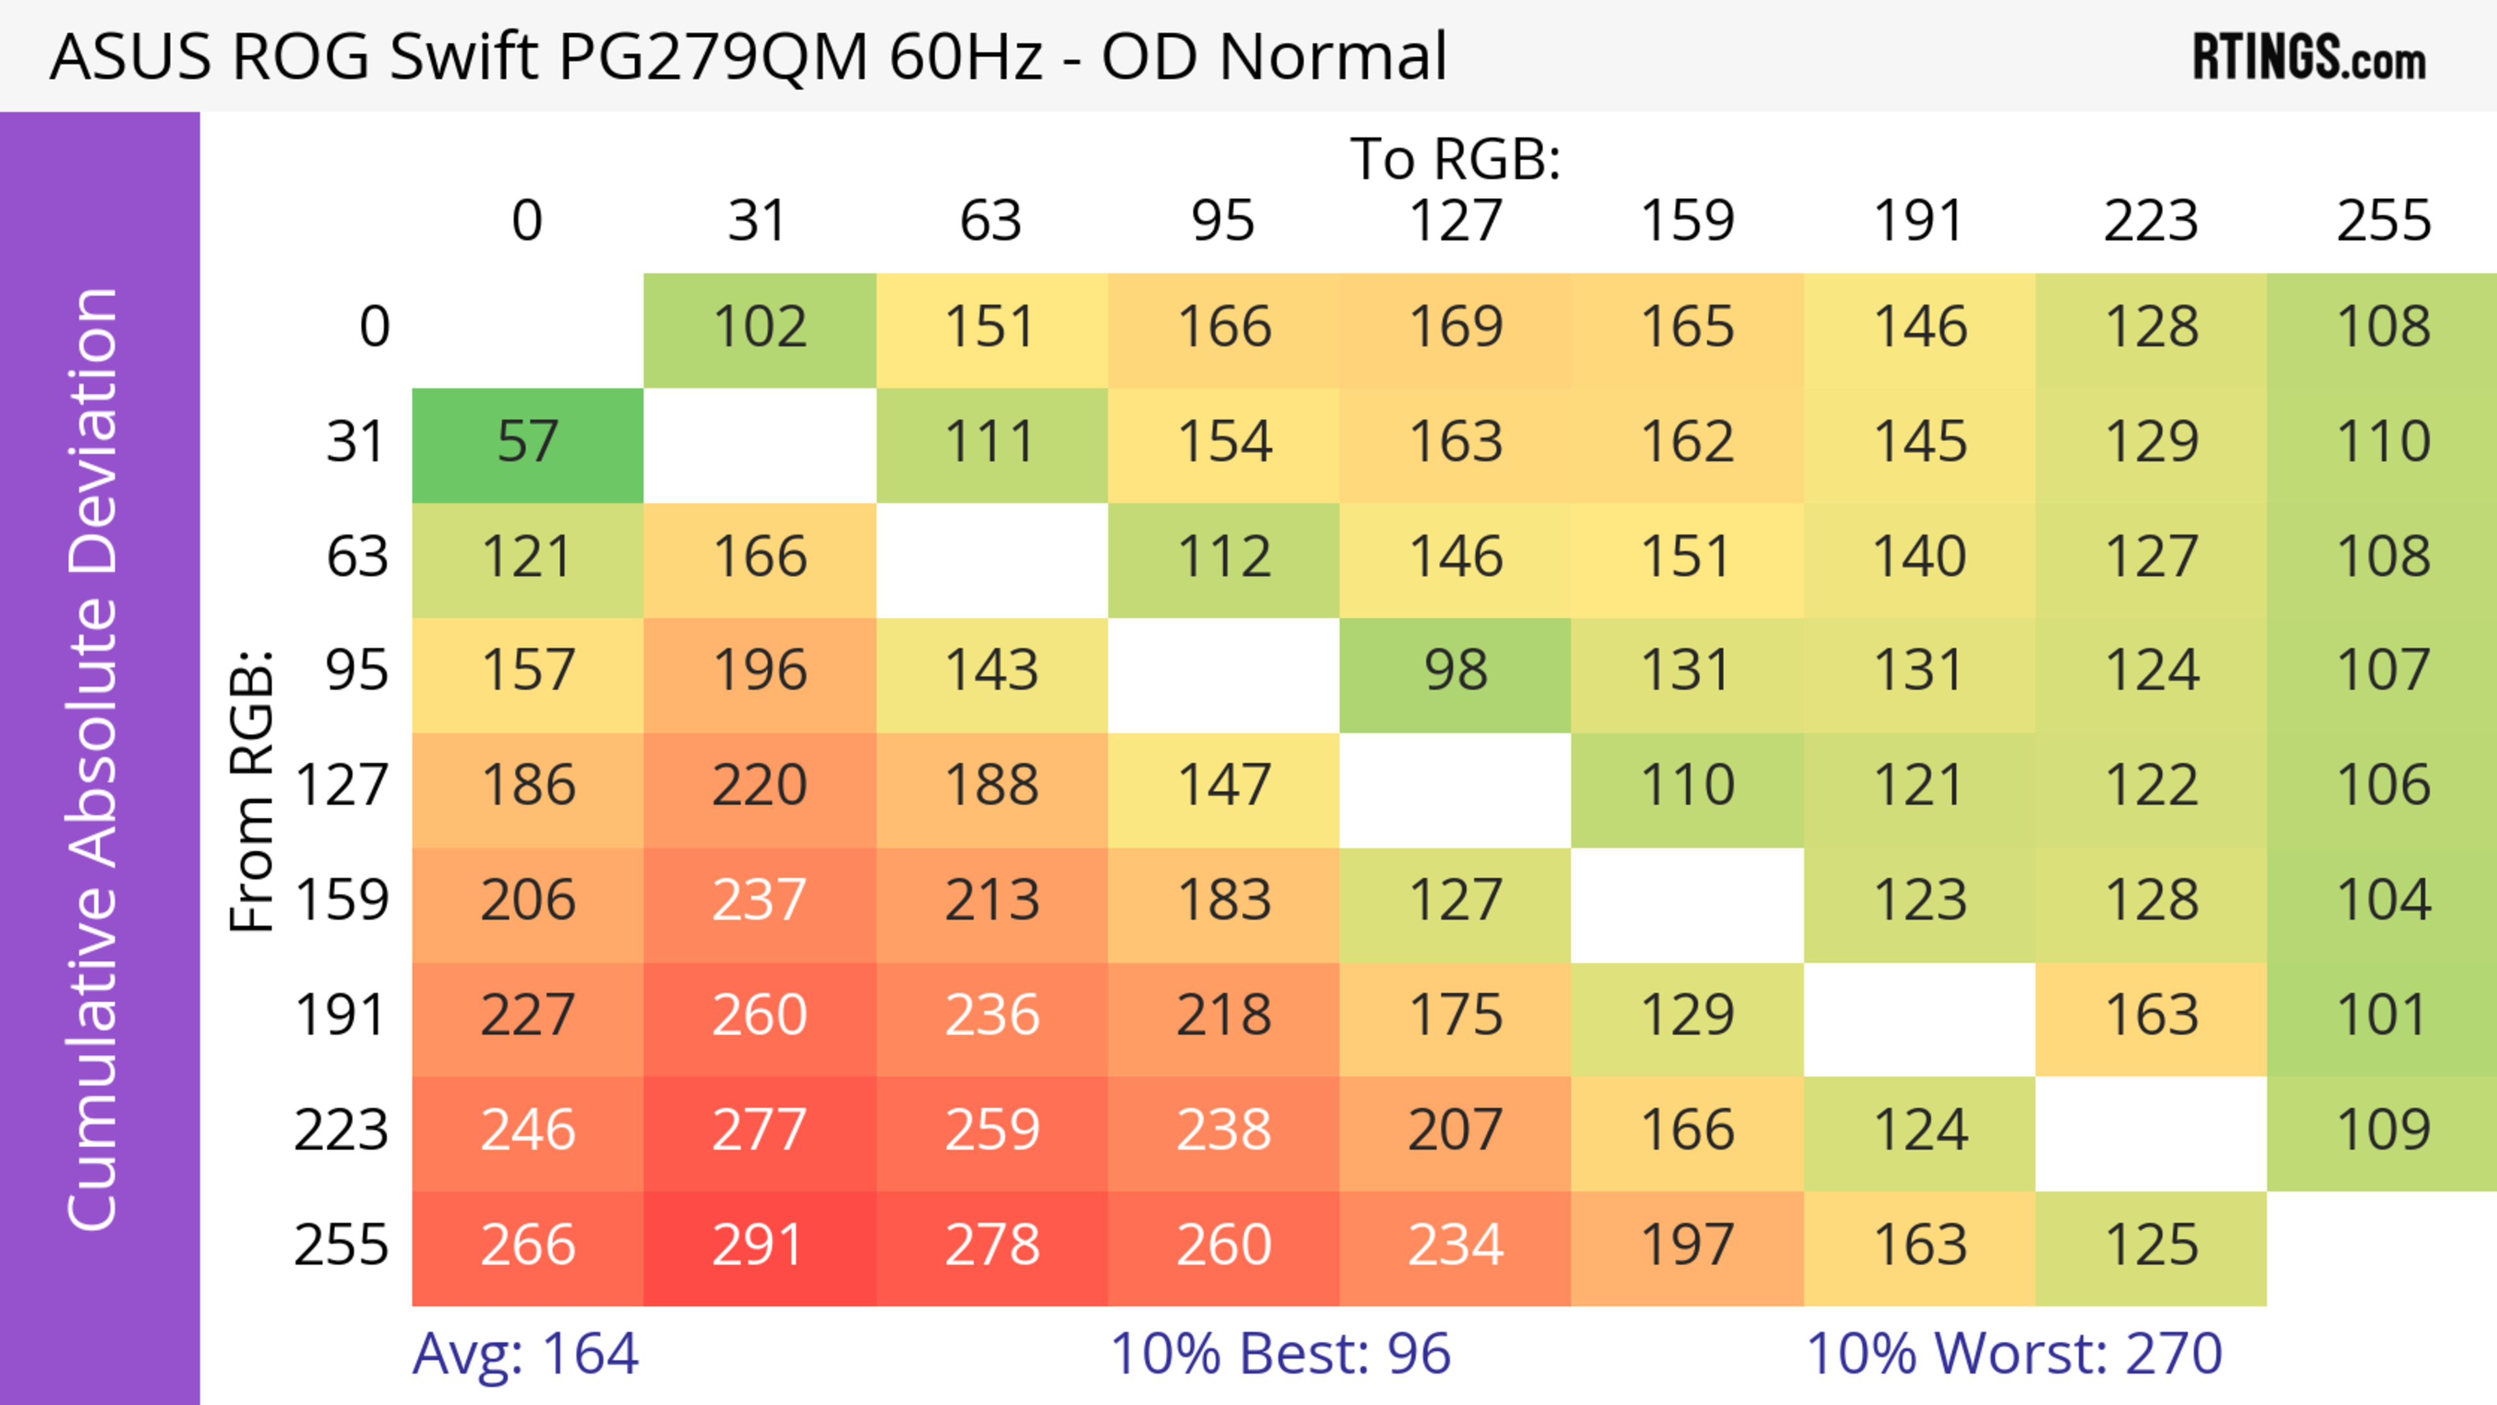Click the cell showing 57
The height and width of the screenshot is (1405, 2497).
point(527,443)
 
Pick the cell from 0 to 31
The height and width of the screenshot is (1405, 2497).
point(759,328)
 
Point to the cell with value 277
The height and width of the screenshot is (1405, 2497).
point(759,1131)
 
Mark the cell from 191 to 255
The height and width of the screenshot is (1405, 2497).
point(2383,1016)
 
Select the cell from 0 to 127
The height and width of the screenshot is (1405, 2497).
point(1455,328)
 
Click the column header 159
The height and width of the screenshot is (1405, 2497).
point(1687,221)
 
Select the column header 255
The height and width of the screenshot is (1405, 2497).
point(2383,221)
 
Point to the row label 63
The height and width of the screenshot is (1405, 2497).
point(357,557)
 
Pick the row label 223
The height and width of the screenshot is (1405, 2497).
point(341,1131)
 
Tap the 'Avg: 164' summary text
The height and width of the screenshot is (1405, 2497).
point(525,1354)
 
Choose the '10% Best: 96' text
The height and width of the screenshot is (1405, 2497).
point(1280,1354)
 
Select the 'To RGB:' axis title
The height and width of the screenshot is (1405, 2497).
point(1455,159)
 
